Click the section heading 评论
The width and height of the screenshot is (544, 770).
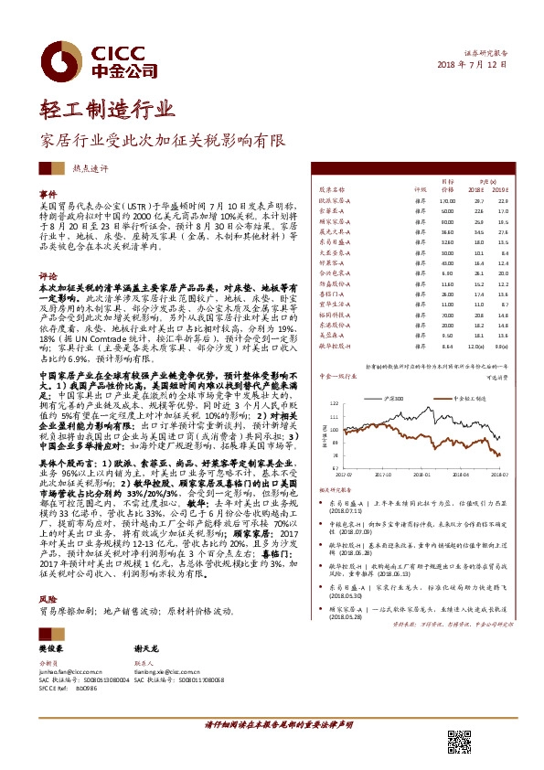(x=48, y=274)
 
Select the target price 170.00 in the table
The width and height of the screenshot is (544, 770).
(x=446, y=199)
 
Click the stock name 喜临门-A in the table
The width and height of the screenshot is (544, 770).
(x=332, y=294)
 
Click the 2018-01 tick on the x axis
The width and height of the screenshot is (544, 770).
(x=398, y=475)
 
